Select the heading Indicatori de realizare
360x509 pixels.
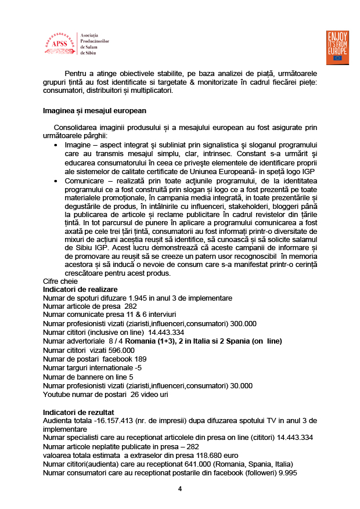[x=80, y=289]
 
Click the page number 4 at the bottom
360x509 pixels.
[x=180, y=489]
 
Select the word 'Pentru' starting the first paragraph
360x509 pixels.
[x=77, y=74]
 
